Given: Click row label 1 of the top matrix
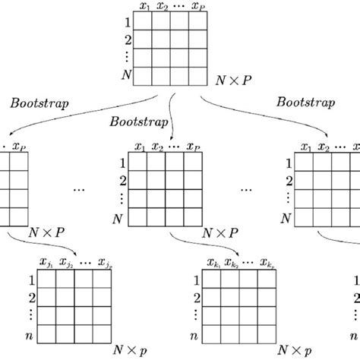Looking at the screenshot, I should [x=127, y=22].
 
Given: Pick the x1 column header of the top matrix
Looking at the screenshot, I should [x=144, y=6].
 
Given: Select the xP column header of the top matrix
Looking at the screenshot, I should [x=197, y=6].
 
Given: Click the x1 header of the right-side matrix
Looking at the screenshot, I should [x=305, y=147].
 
